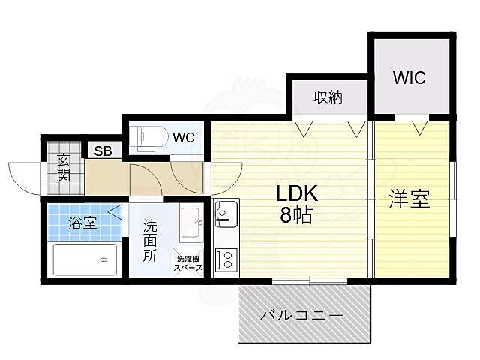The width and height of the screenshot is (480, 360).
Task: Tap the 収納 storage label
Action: click(329, 97)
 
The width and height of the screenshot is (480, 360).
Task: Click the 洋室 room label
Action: click(409, 200)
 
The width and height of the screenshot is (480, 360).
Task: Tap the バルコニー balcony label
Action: click(302, 316)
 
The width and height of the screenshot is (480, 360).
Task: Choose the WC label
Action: click(184, 138)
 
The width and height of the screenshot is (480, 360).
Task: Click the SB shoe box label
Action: click(103, 151)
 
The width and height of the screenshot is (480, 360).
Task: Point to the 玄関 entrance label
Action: click(64, 169)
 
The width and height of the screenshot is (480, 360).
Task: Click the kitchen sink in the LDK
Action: click(224, 215)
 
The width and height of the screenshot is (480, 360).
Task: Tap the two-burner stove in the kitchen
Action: click(224, 259)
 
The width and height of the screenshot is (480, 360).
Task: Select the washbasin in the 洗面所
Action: click(190, 219)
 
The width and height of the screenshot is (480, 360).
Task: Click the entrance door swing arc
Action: click(22, 178)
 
